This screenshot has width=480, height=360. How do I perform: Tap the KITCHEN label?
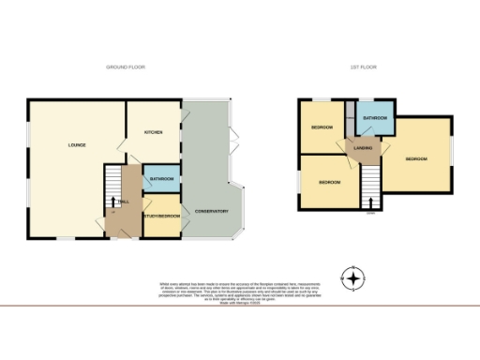pos(154,133)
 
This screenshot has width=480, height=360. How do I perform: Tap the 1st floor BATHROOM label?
pos(376,118)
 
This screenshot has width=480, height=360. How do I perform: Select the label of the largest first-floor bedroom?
pos(416,159)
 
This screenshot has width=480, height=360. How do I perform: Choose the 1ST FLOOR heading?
pos(363,67)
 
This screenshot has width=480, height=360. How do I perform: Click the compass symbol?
pos(353,278)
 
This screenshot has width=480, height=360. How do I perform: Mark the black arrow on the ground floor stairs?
pos(114,202)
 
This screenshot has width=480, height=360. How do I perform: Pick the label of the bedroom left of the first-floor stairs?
pos(329,182)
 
